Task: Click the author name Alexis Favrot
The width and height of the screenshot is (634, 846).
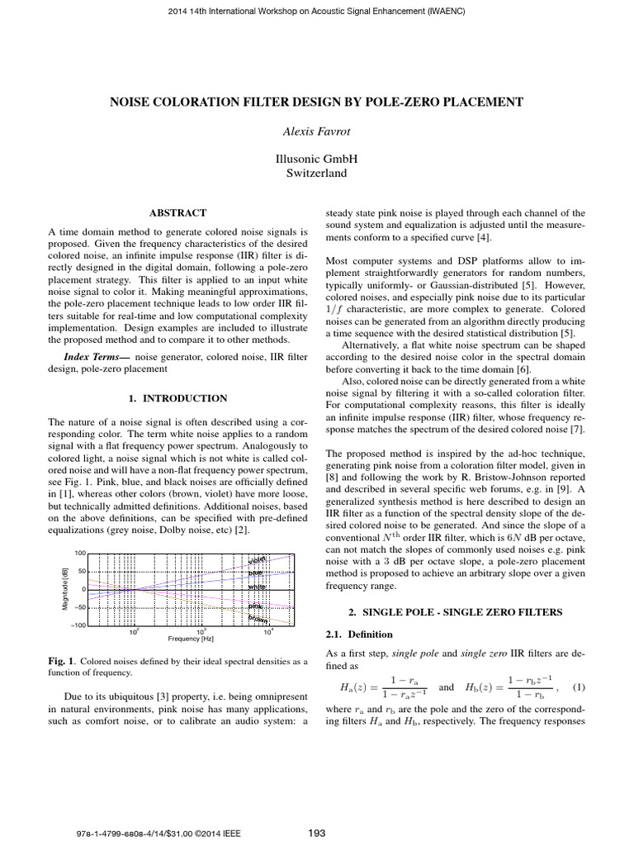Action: [x=317, y=130]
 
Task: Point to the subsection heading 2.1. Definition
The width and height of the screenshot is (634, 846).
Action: [x=349, y=634]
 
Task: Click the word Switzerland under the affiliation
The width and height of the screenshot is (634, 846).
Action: [x=316, y=173]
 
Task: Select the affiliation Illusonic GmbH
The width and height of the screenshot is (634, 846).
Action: [x=316, y=158]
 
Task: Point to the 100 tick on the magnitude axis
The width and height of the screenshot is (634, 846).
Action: [x=80, y=552]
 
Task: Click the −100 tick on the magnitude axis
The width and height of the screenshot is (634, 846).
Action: [x=77, y=625]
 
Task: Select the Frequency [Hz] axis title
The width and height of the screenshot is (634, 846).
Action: [x=191, y=639]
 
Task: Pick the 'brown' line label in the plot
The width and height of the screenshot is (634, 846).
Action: [x=258, y=617]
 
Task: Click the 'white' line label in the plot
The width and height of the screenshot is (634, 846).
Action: [x=258, y=587]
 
